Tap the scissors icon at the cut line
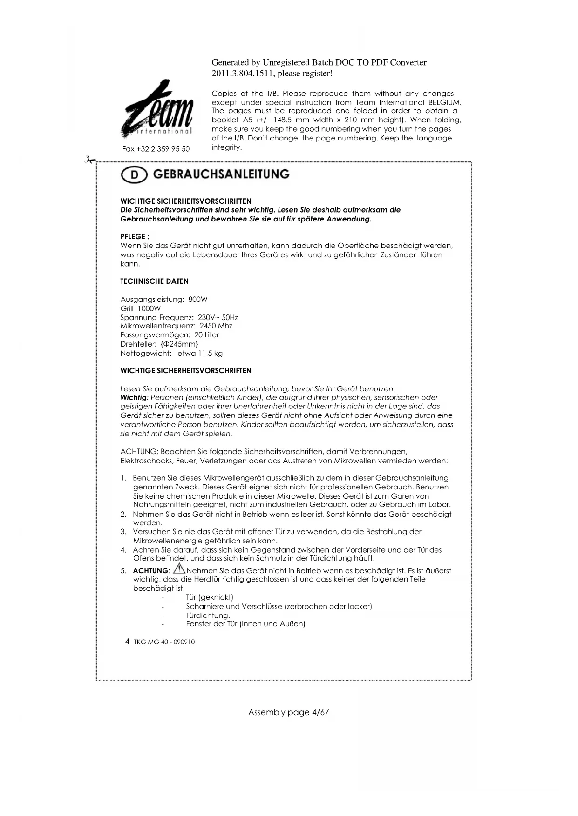(88, 160)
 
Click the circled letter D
(134, 175)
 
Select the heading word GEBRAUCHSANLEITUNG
(221, 174)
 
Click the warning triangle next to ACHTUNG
(179, 569)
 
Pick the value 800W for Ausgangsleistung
(198, 299)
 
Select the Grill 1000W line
(141, 308)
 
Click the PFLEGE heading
(135, 236)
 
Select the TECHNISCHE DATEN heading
(154, 281)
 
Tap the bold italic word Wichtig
(133, 397)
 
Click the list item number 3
(123, 531)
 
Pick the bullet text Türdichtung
(208, 615)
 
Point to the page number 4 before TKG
(127, 642)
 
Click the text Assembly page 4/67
(288, 712)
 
